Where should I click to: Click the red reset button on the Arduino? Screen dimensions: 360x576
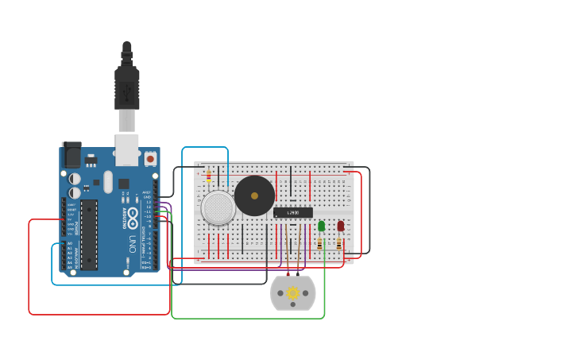pos(150,158)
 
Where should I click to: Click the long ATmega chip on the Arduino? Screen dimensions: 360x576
pos(89,234)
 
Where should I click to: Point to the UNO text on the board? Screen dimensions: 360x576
pos(132,242)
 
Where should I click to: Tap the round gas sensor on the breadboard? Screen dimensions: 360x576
pos(218,207)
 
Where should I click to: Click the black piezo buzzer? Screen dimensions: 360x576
pos(254,195)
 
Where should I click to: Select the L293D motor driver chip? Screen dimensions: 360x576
pos(292,212)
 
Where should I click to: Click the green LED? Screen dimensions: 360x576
pos(321,226)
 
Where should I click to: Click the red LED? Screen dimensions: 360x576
pos(341,226)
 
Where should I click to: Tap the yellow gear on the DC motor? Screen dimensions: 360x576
pos(293,293)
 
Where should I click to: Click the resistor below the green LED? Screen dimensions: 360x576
pos(320,244)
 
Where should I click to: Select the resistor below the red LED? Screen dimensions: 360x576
pos(339,244)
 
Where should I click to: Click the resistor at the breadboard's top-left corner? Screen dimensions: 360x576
pos(209,176)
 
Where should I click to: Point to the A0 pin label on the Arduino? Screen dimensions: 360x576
pos(69,243)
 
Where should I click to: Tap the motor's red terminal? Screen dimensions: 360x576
pos(288,276)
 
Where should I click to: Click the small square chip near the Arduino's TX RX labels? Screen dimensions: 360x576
pos(124,184)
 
